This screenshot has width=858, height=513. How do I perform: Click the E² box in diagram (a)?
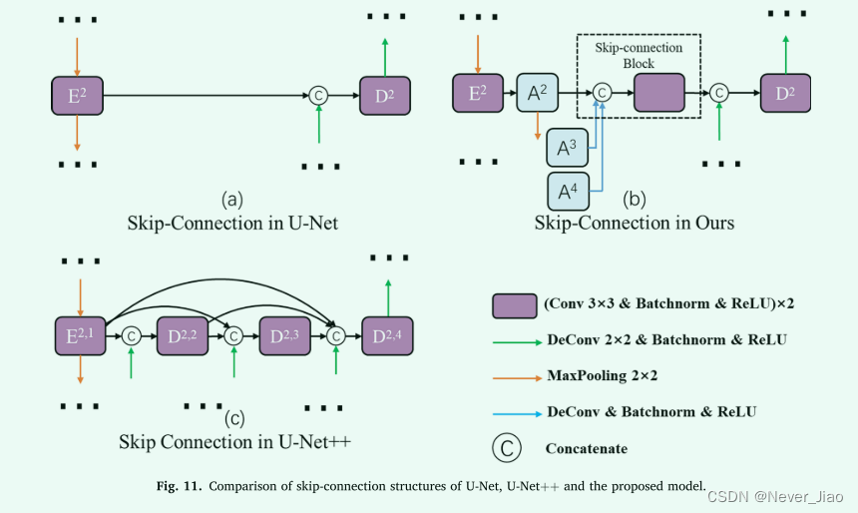pos(77,95)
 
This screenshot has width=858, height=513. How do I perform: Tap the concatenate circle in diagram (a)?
pos(318,95)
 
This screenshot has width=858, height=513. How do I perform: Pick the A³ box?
pos(567,148)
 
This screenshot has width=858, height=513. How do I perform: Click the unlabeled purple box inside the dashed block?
pos(658,93)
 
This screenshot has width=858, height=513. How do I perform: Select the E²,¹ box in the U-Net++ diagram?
pos(79,335)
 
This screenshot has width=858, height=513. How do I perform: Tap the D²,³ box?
pos(284,335)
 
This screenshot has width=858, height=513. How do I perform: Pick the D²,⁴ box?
pos(388,335)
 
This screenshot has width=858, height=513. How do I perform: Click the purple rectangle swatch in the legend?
pos(516,305)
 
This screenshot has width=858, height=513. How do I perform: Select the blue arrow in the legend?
pos(516,411)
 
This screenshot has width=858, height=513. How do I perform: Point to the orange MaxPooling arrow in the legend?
pos(516,376)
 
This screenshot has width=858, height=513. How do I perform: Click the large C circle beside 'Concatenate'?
pos(508,449)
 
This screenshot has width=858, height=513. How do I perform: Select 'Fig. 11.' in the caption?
pos(177,486)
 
